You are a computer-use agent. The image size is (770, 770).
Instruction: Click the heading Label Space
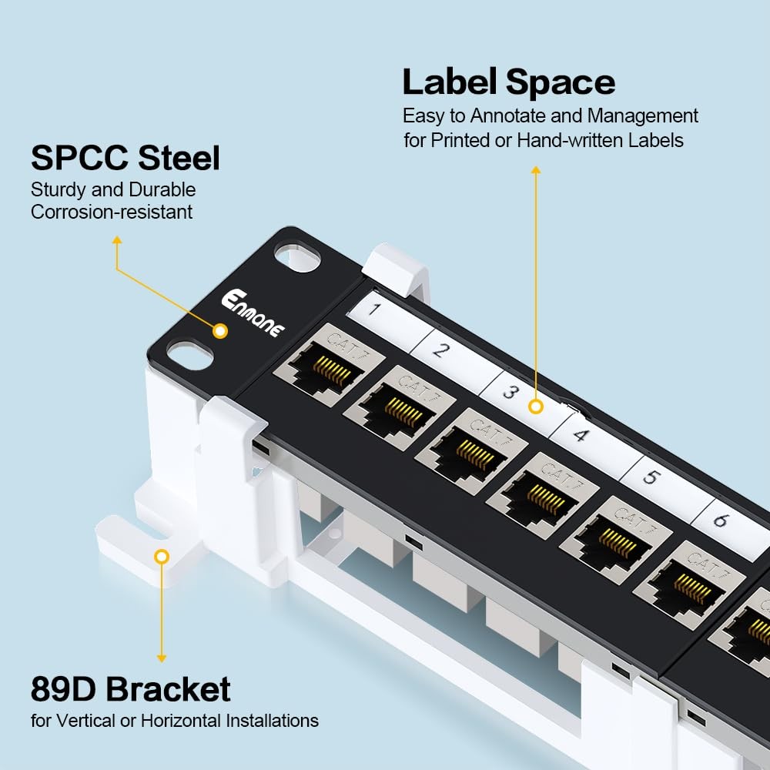click(x=508, y=82)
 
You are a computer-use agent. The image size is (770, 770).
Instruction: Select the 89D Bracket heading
click(x=130, y=689)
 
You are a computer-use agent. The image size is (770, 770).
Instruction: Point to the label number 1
click(x=375, y=310)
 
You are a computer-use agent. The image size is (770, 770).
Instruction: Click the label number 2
click(x=440, y=350)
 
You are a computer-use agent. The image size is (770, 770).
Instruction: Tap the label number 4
click(x=581, y=435)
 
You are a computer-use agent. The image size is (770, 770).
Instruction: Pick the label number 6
click(x=721, y=520)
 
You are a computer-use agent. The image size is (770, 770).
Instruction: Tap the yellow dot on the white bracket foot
click(x=161, y=556)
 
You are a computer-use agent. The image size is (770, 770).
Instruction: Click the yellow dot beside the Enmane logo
click(x=220, y=332)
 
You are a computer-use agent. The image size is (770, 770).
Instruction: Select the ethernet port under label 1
click(x=320, y=368)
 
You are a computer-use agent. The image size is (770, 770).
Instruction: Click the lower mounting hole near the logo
click(x=191, y=355)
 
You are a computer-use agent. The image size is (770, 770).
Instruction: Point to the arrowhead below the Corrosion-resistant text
click(x=116, y=240)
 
